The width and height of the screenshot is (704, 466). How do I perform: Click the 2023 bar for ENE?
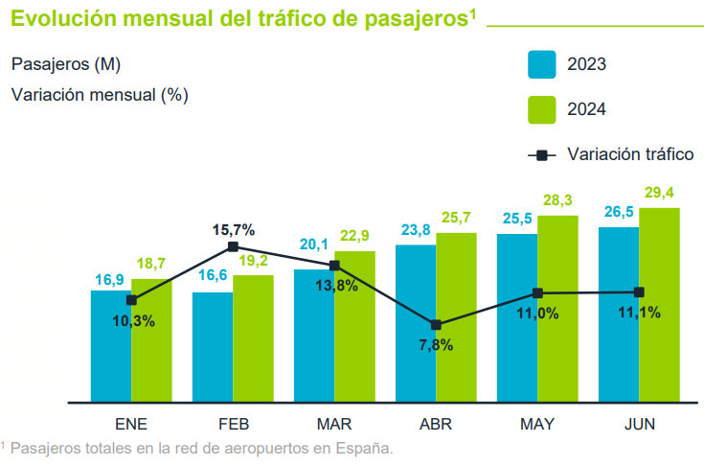point(111,345)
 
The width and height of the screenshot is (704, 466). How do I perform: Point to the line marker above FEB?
point(233,247)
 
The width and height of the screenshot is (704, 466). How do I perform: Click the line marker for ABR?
point(436,325)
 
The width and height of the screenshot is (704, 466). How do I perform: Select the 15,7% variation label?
point(233,229)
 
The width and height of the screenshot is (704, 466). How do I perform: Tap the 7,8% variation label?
point(436,345)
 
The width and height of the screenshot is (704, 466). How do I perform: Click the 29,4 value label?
point(660,194)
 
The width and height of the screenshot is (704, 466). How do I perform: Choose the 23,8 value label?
point(416,230)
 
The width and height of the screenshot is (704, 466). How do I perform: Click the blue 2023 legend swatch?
point(542,64)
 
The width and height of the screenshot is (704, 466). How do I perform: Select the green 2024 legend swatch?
point(542,109)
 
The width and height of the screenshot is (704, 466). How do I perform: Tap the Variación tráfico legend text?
point(629,154)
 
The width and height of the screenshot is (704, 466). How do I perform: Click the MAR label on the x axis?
point(334,424)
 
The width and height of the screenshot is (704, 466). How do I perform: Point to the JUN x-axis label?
point(639,424)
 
